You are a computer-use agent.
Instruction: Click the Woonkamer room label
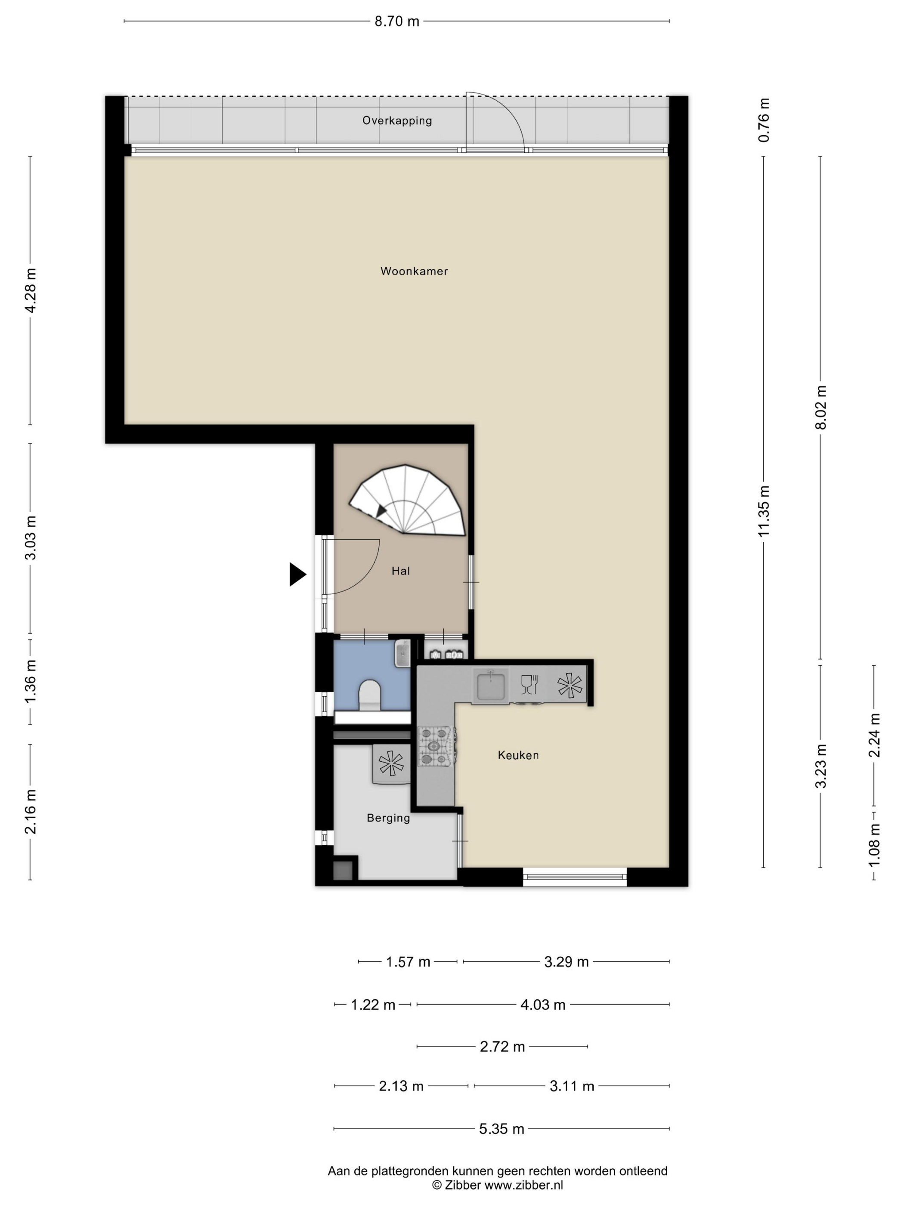414,271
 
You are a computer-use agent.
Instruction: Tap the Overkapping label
397,121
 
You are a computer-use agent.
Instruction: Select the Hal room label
400,571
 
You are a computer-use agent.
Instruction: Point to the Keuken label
518,755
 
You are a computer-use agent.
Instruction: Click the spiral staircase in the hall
408,500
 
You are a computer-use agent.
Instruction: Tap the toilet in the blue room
369,695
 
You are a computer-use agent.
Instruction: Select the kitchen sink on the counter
490,686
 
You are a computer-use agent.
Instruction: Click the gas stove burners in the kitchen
435,746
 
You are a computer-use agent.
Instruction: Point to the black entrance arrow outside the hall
297,574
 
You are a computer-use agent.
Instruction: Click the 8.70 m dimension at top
397,21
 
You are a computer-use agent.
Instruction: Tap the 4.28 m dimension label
31,290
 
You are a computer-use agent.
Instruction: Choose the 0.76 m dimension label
764,120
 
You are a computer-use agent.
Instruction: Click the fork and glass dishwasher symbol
529,685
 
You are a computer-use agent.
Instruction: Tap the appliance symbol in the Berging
391,763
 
